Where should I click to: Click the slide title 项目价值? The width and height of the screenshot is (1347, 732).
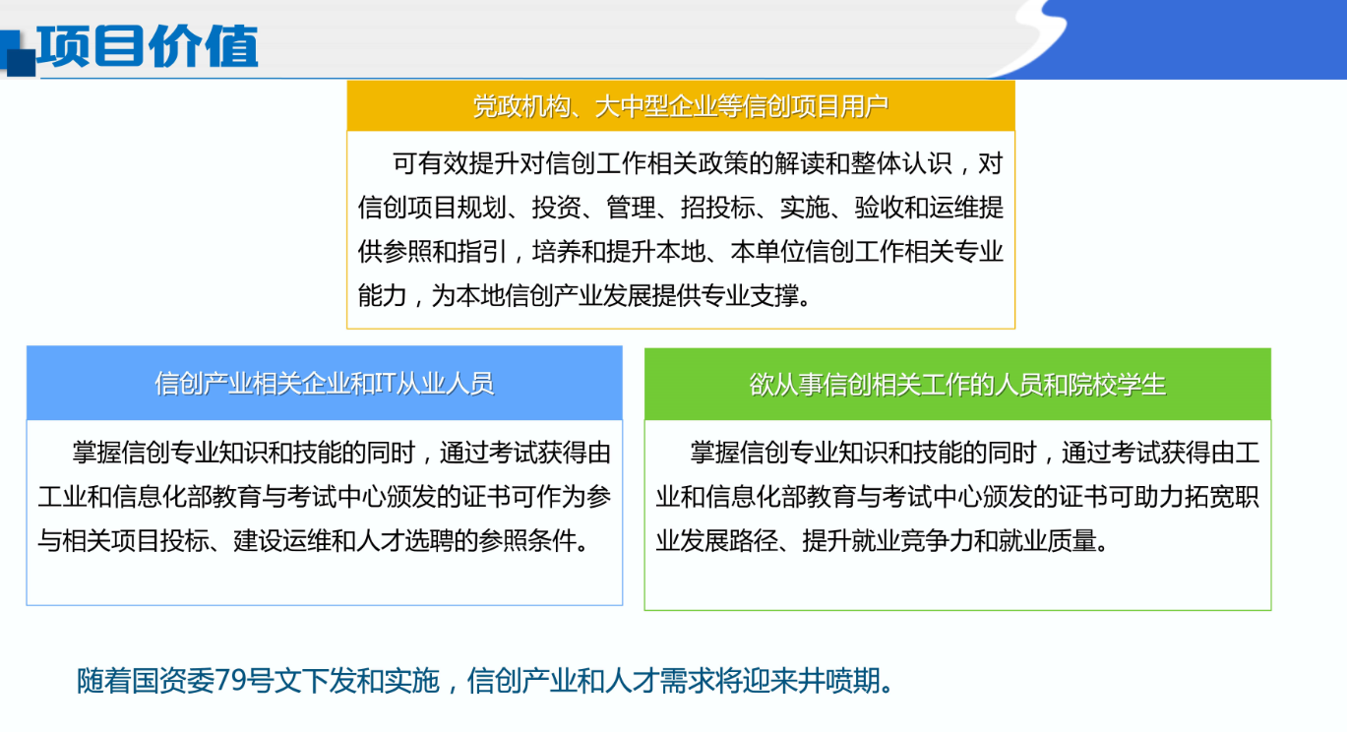[x=148, y=46]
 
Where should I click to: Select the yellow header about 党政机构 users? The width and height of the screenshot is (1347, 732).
[x=681, y=106]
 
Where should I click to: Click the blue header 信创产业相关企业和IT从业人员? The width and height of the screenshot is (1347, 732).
[x=325, y=383]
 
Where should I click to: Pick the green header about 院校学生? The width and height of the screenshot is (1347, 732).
[x=957, y=385]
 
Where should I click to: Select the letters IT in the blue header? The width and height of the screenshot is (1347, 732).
[x=385, y=383]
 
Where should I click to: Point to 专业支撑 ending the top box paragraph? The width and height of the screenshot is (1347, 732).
[x=750, y=295]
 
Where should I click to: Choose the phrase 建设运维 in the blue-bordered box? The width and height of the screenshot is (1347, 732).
[x=282, y=541]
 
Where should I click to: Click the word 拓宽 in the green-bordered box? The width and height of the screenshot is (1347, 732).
[x=1209, y=497]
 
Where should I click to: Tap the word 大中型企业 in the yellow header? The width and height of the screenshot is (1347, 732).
[x=655, y=106]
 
